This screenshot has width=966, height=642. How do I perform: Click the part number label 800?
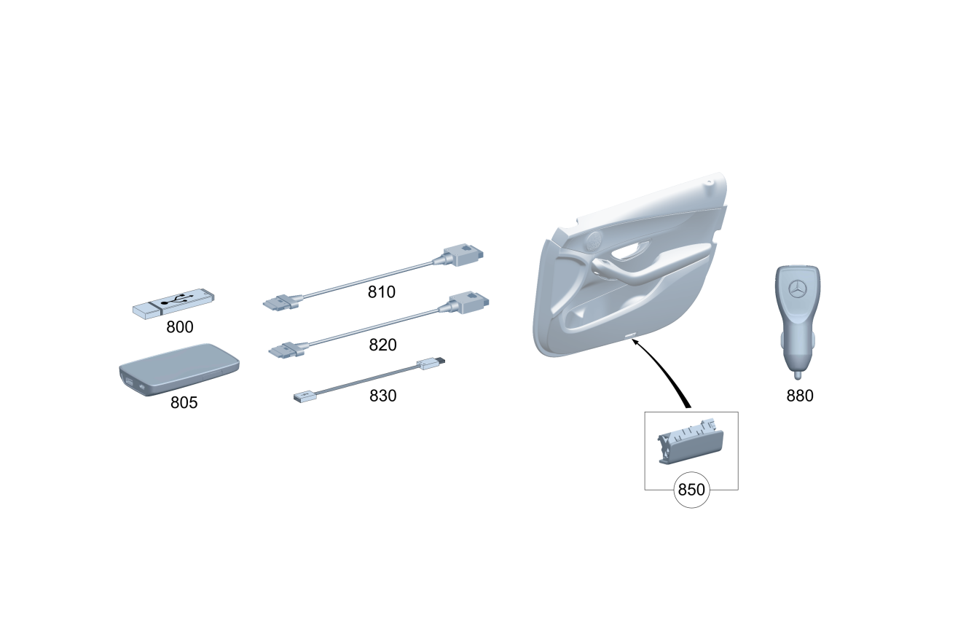pos(180,327)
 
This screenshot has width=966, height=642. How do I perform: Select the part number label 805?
pos(184,402)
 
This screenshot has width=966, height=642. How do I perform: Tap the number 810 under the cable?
pos(381,292)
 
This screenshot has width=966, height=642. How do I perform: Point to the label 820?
pos(382,345)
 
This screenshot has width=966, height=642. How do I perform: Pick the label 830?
pos(382,396)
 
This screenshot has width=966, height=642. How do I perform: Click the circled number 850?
pos(691,490)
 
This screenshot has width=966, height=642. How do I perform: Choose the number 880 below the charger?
pos(800,396)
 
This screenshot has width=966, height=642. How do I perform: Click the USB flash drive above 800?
pos(173,304)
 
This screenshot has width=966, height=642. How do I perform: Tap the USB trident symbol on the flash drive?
pos(177,300)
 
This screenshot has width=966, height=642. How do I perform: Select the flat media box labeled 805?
pos(179,369)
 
